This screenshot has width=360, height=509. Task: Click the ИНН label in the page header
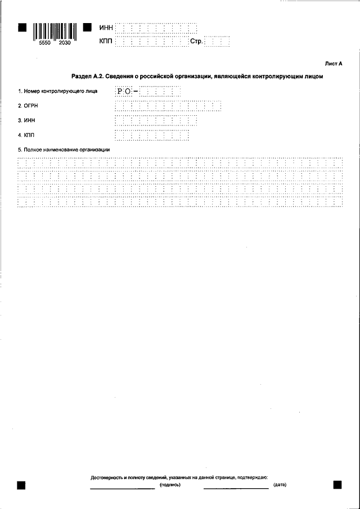pos(106,28)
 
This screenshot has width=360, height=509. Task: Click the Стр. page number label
pos(196,41)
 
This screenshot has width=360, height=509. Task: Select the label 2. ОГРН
pos(27,105)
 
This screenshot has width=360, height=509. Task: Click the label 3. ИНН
pos(25,120)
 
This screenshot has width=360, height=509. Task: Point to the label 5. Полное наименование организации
pos(63,150)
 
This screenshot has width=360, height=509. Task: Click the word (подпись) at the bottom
pos(170,484)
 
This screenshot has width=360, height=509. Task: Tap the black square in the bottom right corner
pos(337,484)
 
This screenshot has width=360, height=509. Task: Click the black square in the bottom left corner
pos(21,484)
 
